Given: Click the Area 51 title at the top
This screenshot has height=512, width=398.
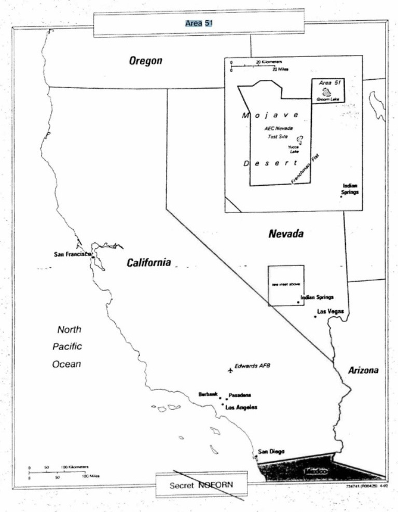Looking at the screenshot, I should pos(199,23).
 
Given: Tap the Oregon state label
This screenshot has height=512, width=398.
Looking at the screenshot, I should pos(145,61).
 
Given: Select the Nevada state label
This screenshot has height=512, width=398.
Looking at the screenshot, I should pos(285,234).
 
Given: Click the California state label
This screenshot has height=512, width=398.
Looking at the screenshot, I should pos(149,263).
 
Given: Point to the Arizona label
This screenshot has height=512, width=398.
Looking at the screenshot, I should pos(363,370).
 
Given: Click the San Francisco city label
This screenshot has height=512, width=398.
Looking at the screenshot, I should pos(72,254).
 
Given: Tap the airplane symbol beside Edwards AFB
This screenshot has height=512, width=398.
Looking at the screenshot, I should pos(230,370).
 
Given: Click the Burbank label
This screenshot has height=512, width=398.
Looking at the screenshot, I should pos(208,395).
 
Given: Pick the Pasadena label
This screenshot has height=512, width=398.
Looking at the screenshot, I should pos(240,395).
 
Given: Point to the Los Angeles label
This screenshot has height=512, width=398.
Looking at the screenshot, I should pos(241,407).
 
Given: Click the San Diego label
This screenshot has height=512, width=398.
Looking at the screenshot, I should pos(271,451).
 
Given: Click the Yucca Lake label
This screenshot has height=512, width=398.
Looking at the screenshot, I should pos(293,149).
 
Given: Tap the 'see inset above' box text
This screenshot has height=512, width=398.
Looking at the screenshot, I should pos(285,285).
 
